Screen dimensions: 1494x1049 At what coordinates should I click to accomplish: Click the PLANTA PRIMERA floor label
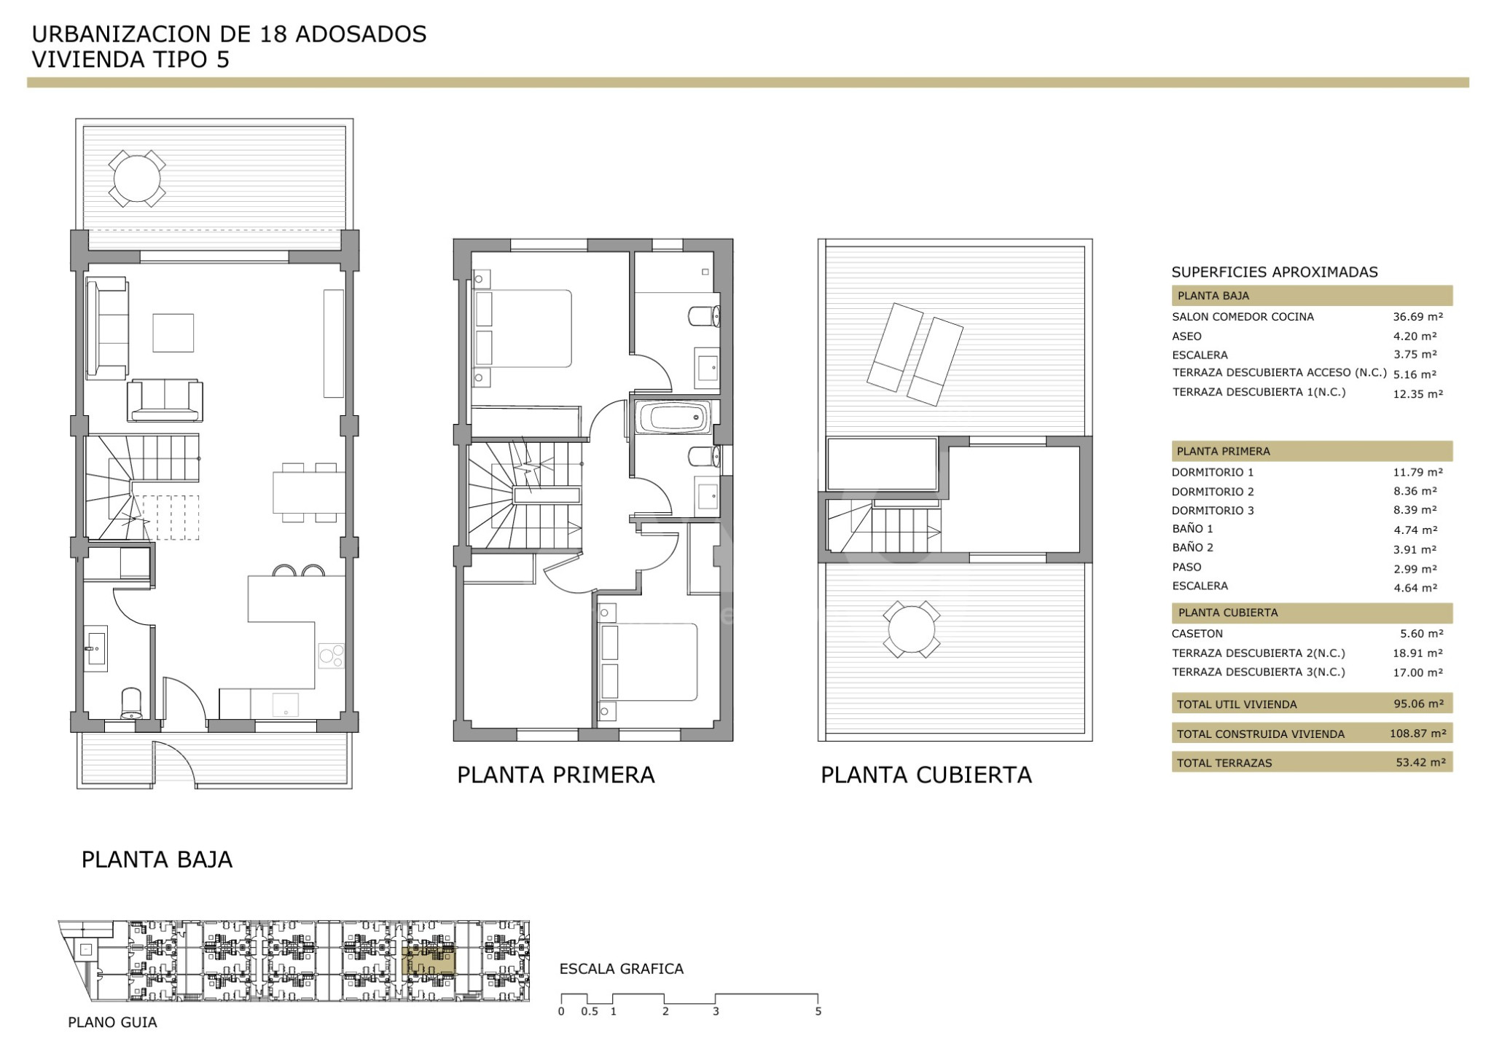coord(555,775)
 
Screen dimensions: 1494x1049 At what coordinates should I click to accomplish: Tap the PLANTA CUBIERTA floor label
coord(926,775)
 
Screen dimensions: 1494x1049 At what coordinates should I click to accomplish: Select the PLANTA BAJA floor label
coord(157,860)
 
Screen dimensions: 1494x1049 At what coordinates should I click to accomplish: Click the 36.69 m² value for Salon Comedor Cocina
coord(1417,317)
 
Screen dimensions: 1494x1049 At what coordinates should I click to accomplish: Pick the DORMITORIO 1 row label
coord(1213,472)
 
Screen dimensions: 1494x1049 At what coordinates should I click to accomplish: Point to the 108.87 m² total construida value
coord(1417,733)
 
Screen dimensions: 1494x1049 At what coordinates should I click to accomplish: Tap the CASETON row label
coord(1197,634)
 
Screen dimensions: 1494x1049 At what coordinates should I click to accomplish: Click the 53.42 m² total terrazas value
coord(1417,762)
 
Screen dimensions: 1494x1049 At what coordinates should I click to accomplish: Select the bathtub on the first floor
coord(672,418)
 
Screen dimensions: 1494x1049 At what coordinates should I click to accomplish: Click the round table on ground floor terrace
coord(137,178)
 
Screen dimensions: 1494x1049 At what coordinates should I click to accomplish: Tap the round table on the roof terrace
coord(911,629)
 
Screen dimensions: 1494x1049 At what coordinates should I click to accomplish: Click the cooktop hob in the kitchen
coord(332,656)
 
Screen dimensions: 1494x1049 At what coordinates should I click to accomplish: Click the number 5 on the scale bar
coord(818,1011)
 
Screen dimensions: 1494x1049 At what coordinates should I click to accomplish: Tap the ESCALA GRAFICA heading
coord(621,969)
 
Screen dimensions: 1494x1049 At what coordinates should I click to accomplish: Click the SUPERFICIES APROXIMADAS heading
coord(1274,272)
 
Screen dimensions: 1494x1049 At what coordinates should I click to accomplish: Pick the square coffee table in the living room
coord(173,333)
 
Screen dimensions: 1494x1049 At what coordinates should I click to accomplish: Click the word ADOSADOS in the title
coord(361,34)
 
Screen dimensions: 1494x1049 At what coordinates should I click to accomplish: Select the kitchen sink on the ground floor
coord(285,704)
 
